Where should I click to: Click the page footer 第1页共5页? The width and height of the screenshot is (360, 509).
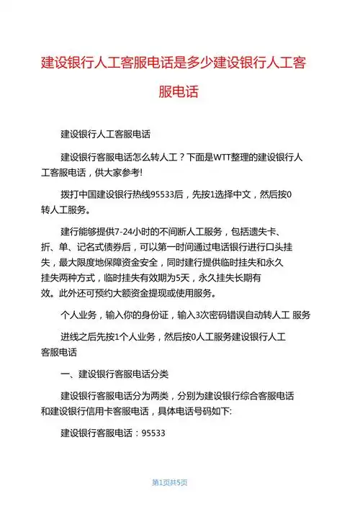tap(170, 482)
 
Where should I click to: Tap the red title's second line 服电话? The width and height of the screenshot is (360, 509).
tap(179, 92)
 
